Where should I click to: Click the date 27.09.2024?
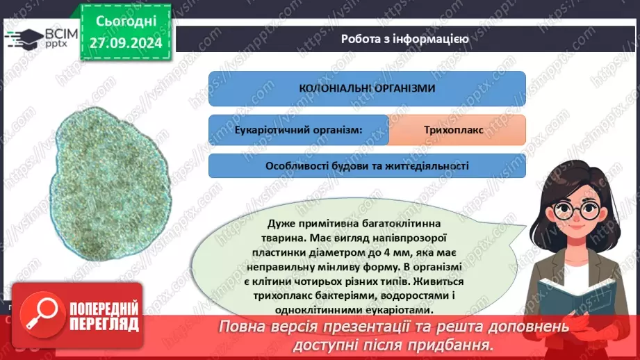126,43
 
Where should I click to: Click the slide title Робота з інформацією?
404,39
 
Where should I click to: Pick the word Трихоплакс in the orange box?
457,130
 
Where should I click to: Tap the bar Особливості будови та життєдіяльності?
367,166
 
